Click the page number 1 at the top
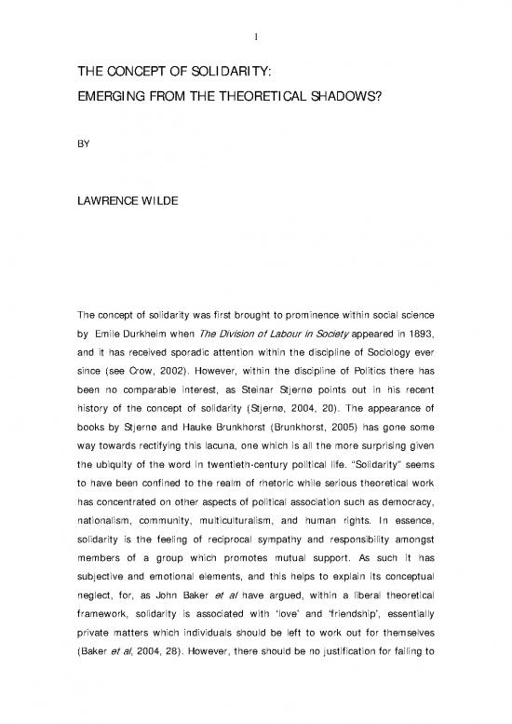[x=255, y=11]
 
